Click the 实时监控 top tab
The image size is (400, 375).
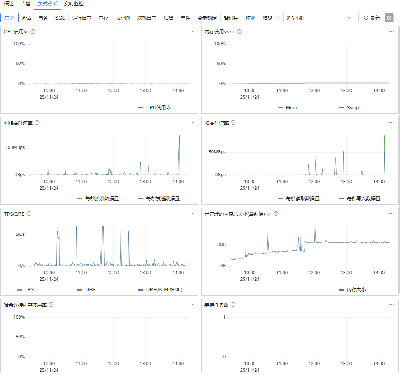pos(74,4)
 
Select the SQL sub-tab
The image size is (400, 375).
pos(60,18)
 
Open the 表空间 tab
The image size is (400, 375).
pos(123,18)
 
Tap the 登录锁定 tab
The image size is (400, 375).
pos(207,18)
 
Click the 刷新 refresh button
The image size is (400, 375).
pos(371,18)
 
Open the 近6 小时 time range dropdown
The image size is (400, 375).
pos(319,18)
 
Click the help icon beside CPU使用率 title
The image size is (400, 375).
pos(33,32)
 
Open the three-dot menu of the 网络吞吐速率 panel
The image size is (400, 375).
pos(191,123)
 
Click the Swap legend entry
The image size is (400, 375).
pos(349,108)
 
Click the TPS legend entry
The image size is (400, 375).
pos(25,290)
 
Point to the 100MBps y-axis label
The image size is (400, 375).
pos(15,147)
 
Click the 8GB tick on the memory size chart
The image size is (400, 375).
pos(221,245)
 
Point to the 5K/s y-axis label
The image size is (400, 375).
pos(20,234)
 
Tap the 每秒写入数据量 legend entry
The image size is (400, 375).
pos(360,199)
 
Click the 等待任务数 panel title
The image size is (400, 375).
pos(216,305)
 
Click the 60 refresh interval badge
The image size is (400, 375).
pos(389,18)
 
